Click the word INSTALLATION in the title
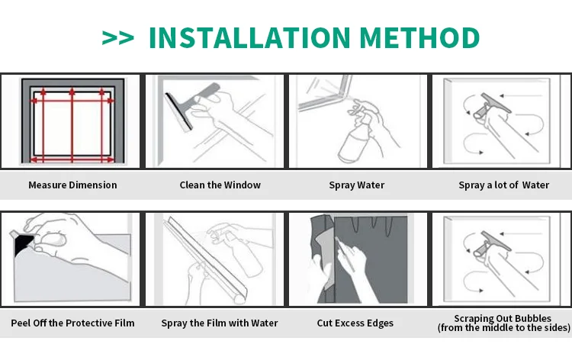coord(249,37)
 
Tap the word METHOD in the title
coord(419,37)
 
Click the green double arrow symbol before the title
coord(117,38)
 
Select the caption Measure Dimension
coord(72,185)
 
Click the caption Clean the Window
coord(220,185)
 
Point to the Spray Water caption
coord(356,185)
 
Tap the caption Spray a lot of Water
coord(503,185)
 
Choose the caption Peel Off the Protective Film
coord(72,323)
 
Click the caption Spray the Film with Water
coord(219,323)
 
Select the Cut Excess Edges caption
coord(355,323)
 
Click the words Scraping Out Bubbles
coord(503,318)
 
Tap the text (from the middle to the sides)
coord(504,327)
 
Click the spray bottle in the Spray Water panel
coord(355,137)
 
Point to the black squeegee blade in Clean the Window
coord(178,111)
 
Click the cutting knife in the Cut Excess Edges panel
coord(345,255)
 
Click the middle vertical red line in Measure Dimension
coord(72,125)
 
